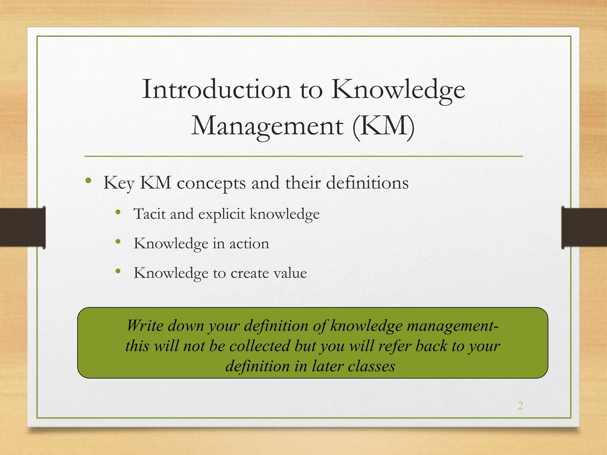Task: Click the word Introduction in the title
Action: click(216, 89)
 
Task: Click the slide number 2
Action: click(520, 406)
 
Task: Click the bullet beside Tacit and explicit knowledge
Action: click(118, 212)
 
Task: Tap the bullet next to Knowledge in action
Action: click(118, 242)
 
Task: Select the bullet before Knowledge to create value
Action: click(118, 271)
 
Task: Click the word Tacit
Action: click(149, 214)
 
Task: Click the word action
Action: click(249, 243)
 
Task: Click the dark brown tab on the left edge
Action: click(23, 227)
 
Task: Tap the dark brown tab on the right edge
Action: click(584, 227)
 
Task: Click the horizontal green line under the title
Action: click(303, 156)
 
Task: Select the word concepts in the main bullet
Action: click(211, 183)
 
